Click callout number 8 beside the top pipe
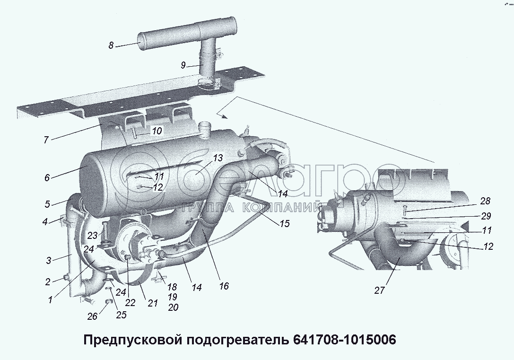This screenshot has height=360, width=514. (111, 45)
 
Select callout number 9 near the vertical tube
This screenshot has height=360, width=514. (183, 65)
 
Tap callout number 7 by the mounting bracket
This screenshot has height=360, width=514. (46, 140)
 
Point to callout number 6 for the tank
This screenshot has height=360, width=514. (47, 178)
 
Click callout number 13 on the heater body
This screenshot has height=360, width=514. (218, 158)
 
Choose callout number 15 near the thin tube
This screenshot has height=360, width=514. (285, 224)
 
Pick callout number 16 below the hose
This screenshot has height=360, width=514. (224, 286)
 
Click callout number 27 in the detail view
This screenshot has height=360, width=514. (379, 290)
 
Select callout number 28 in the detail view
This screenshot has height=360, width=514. (486, 201)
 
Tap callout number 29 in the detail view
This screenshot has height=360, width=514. (486, 216)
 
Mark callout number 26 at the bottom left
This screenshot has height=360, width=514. (92, 316)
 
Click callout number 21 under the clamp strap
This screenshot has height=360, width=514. (153, 304)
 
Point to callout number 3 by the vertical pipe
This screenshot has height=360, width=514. (49, 261)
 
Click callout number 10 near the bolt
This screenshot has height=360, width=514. (157, 131)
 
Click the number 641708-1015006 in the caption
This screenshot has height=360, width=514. (342, 340)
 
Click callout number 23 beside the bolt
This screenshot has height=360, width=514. (93, 235)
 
